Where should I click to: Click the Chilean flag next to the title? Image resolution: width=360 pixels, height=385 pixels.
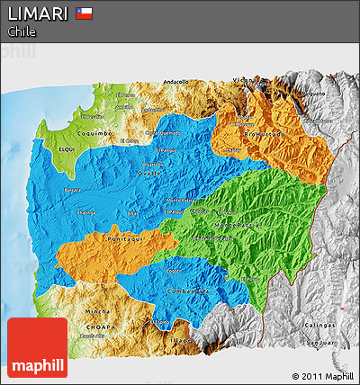pos(85,13)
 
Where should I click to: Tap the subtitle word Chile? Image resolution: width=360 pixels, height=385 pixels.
pos(22,31)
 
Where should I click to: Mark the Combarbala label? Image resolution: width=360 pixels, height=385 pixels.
pos(188,291)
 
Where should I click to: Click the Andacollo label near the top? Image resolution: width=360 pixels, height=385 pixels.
pos(176,82)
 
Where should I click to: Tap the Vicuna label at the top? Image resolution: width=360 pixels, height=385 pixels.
pos(245,80)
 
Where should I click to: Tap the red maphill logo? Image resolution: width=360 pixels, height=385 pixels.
pos(37,348)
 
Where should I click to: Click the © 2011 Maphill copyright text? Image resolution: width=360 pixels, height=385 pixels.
pos(322,376)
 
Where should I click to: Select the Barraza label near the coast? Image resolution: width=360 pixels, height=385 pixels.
pos(72,191)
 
